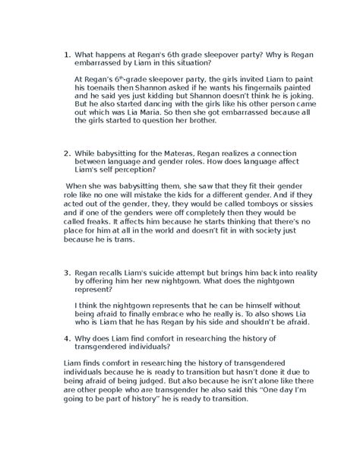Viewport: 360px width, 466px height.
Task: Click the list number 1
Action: coord(67,54)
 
